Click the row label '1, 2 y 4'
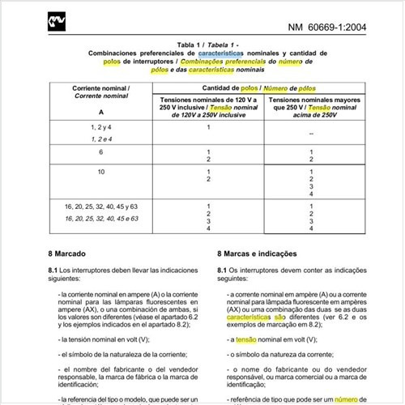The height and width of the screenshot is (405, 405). coord(101,127)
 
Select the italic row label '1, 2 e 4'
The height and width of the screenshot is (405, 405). coord(101,139)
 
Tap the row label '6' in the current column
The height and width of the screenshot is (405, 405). coord(101,151)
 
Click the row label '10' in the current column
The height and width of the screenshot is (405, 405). coord(101,172)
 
